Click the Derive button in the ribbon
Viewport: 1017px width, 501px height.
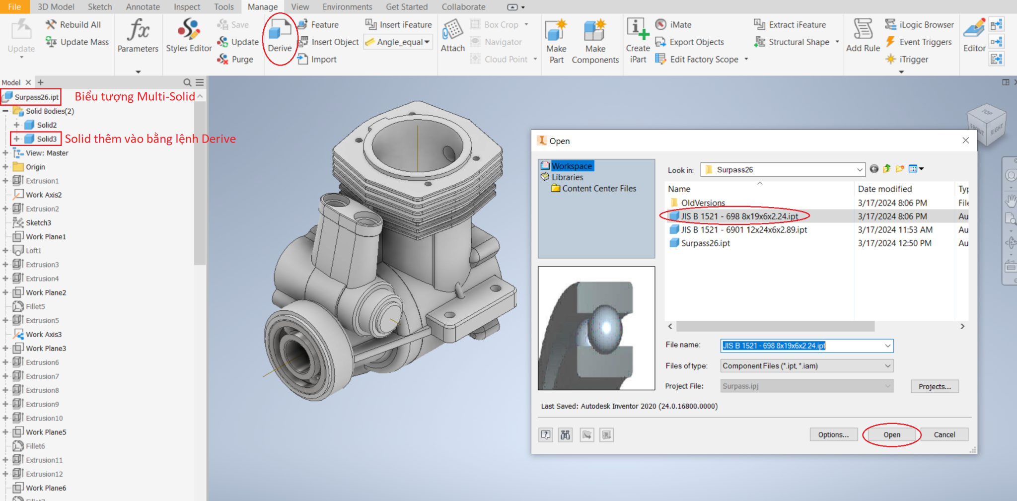[x=280, y=37]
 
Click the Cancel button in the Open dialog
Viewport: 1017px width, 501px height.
[x=944, y=434]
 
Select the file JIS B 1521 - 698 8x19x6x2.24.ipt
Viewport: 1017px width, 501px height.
[x=739, y=216]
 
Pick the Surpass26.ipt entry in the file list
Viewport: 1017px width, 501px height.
[x=705, y=243]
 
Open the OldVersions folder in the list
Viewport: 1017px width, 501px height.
[x=703, y=203]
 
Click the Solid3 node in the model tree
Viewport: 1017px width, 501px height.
[x=47, y=139]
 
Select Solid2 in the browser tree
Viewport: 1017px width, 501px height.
[x=47, y=125]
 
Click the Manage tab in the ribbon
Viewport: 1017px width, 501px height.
[x=262, y=7]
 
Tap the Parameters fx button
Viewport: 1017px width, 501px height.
[x=138, y=36]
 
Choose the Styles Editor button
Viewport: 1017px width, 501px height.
[x=189, y=36]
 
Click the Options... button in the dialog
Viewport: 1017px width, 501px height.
[x=833, y=434]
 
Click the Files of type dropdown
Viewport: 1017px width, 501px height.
[x=806, y=366]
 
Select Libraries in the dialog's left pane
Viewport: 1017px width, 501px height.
[x=567, y=177]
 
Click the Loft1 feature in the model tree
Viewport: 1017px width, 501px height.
[x=34, y=251]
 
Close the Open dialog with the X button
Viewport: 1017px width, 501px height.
[x=965, y=141]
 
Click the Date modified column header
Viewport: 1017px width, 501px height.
[x=884, y=189]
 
